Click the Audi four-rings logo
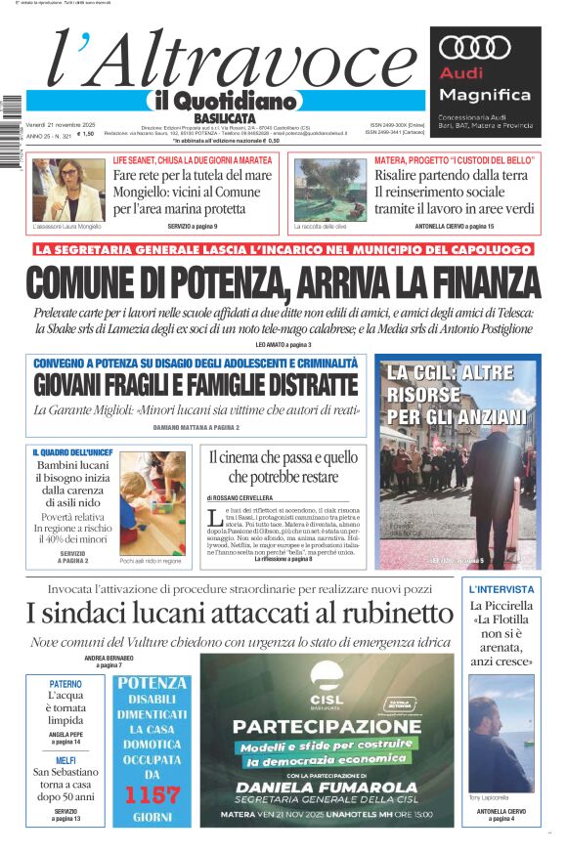[x=475, y=46]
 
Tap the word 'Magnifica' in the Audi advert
[x=485, y=95]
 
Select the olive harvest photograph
[x=330, y=190]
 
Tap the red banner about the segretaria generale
[x=283, y=249]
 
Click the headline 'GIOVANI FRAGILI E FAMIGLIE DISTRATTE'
[x=196, y=385]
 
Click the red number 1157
[x=152, y=793]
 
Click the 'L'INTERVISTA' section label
[x=502, y=589]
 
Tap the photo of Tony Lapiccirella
[x=502, y=733]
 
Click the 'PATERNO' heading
[x=65, y=683]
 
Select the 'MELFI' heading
[x=65, y=760]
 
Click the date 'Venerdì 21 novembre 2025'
[x=61, y=125]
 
